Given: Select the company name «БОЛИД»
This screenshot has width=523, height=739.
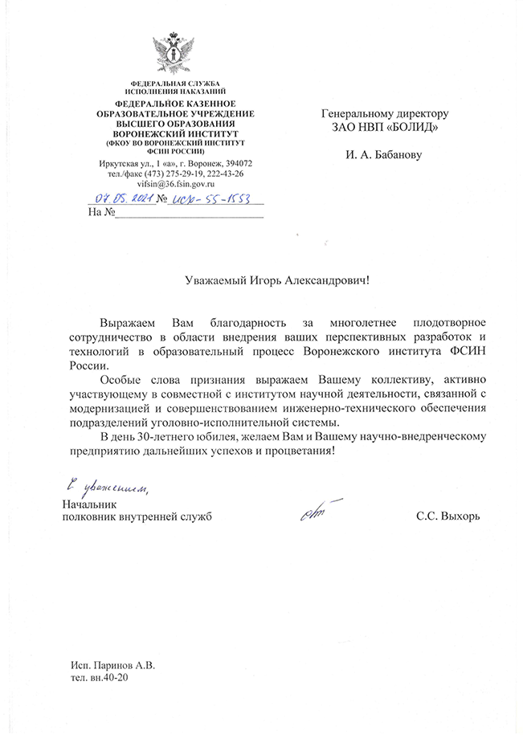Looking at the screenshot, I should pos(415,127).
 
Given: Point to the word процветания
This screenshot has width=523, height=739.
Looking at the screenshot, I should pos(295,451).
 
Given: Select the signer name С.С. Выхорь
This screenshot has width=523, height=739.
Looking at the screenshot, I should pos(448,516).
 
